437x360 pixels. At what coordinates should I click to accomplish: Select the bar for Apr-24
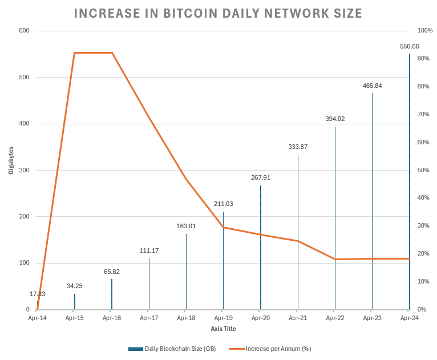pos(409,183)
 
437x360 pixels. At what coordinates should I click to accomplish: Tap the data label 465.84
pos(372,86)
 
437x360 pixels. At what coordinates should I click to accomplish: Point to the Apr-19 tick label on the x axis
pos(223,318)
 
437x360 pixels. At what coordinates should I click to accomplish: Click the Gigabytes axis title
pos(11,160)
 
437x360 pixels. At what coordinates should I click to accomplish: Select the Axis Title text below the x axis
pos(223,329)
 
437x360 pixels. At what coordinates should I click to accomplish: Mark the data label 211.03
pos(223,204)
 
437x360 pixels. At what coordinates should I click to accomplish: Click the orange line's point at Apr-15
pos(75,53)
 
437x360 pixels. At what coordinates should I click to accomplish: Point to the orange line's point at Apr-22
pos(335,259)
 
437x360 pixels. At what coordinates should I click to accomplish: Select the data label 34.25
pos(75,286)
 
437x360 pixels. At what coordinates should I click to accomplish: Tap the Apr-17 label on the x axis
pos(149,318)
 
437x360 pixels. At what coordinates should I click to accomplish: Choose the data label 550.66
pos(410,46)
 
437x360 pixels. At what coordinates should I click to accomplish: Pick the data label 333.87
pos(298,147)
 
